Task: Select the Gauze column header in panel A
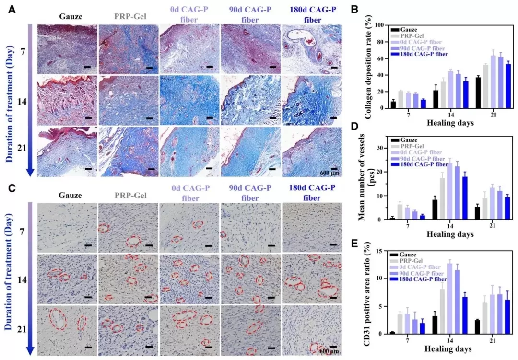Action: pos(71,16)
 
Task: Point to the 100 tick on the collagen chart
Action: pos(379,24)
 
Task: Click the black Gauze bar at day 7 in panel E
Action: pos(392,333)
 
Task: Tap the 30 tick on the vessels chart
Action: pos(381,148)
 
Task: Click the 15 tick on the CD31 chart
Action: pos(381,251)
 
